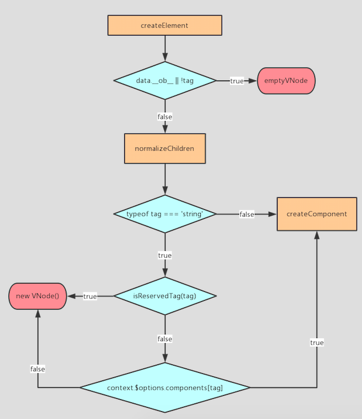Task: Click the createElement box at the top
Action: [164, 26]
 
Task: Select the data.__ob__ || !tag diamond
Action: [165, 81]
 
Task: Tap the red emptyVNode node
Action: [286, 81]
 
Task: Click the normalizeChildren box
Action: [165, 149]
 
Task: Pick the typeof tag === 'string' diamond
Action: [165, 214]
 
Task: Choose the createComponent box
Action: [316, 214]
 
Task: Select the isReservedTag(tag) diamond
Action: [165, 296]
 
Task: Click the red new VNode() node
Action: [38, 296]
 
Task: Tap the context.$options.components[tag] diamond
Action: [165, 388]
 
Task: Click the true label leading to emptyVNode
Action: [237, 81]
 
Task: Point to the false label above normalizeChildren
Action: [165, 117]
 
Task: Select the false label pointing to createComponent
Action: [247, 214]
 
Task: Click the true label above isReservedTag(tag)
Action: [165, 256]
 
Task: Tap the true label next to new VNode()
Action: [90, 296]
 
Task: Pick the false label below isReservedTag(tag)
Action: [165, 339]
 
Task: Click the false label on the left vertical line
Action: [38, 369]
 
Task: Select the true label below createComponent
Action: [317, 343]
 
